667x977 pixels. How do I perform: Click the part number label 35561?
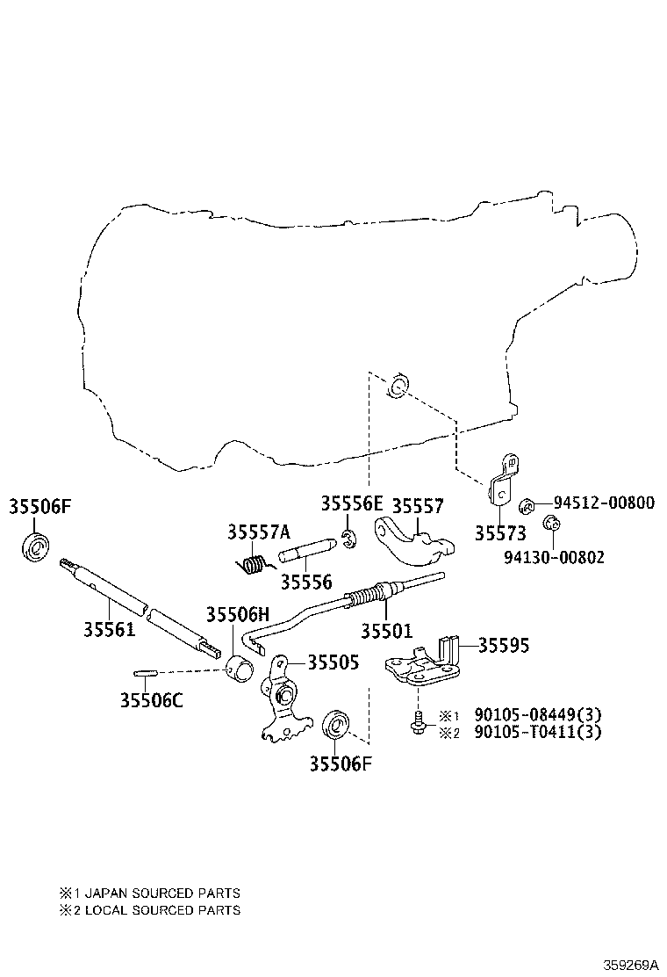110,629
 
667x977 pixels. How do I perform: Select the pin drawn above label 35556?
307,547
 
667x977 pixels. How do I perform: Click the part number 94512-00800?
604,503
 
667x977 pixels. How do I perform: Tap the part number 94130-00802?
553,556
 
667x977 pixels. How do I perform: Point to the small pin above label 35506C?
144,672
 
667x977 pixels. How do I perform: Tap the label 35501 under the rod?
386,631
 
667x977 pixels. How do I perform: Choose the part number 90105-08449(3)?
538,714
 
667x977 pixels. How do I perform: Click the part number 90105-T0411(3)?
538,732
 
